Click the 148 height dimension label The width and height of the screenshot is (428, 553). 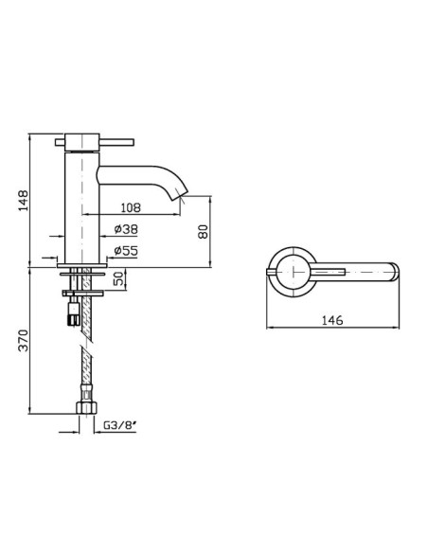coord(24,201)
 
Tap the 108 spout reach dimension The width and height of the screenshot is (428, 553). coord(131,207)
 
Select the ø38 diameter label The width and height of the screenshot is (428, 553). coord(126,229)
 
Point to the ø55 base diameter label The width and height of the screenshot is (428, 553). coord(126,251)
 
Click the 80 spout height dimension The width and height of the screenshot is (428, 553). coord(203,231)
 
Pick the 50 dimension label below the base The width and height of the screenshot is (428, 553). coord(119,278)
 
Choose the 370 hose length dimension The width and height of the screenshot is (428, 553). coord(24,340)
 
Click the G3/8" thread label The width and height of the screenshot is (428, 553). coord(120,425)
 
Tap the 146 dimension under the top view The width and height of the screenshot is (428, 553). coord(332,320)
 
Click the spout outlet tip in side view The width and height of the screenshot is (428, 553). coord(180,197)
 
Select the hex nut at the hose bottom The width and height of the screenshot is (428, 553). coord(87,407)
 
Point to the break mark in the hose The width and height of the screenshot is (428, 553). coord(87,345)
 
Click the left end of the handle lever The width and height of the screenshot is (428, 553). coord(56,142)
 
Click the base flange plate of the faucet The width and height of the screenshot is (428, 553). coord(81,265)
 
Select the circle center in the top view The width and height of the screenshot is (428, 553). coord(294,272)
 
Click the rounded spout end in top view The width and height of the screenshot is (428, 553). coord(395,272)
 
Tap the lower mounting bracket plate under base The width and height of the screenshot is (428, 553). coord(82,294)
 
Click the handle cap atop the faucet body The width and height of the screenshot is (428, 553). coord(82,142)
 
